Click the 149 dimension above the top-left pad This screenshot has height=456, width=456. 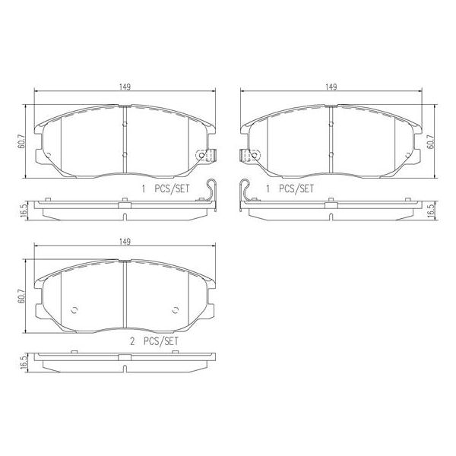123,87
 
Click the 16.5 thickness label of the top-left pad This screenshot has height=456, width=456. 22,209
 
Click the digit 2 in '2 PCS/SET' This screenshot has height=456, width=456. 131,342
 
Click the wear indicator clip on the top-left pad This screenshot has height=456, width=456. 203,156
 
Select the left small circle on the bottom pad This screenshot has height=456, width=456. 74,309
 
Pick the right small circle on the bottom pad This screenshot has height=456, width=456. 175,309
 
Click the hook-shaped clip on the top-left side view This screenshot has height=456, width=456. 212,191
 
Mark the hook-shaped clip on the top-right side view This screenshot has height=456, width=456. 244,191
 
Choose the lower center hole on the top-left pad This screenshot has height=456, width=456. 124,154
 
